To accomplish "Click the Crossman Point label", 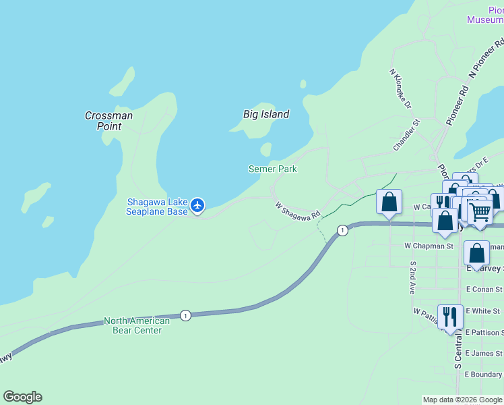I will pos(108,121).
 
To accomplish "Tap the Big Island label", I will pos(266,114).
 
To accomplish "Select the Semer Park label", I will pos(272,169).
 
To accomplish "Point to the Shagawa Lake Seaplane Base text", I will pos(157,207).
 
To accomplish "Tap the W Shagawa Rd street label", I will pos(297,210).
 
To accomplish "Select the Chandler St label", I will pos(406,135).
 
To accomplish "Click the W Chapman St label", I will pos(429,246).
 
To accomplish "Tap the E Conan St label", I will pos(484,289).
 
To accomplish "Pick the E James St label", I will pos(484,353).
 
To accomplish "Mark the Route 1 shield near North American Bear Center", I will pos(185,315).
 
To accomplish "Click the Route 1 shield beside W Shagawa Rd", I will pos(343,230).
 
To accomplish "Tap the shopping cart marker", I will pos(480,212).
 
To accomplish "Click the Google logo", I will pos(22,397).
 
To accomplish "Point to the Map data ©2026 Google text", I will pos(463,400).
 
